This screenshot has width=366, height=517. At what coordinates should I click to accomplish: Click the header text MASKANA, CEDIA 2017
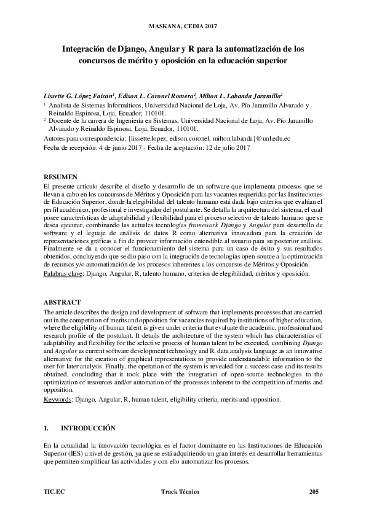point(183,26)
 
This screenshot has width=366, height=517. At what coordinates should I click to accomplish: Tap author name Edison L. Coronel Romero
point(158,96)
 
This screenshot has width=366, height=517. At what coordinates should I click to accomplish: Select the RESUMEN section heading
point(61,177)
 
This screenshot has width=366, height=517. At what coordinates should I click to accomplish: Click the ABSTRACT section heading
point(63,303)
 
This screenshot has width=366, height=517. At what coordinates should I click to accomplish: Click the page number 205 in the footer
point(314,492)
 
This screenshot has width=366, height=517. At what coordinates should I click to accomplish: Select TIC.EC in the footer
point(54,492)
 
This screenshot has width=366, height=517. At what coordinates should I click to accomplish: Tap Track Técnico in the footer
point(182,492)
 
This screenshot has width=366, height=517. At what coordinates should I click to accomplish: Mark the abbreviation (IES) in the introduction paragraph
point(77,453)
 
